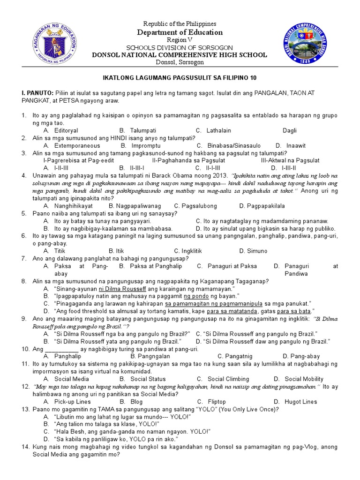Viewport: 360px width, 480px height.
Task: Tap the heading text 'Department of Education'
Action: (x=180, y=32)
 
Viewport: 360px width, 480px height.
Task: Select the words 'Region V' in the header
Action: (x=180, y=40)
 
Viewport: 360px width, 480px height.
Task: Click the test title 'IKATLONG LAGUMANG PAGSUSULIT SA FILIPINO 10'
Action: (x=180, y=77)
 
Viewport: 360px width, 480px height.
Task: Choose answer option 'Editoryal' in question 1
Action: (x=66, y=130)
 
